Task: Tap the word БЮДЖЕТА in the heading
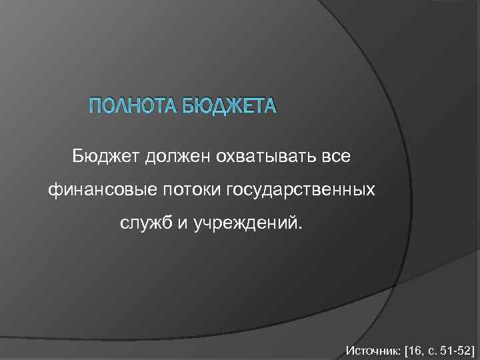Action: pyautogui.click(x=227, y=107)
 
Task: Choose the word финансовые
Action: pyautogui.click(x=100, y=191)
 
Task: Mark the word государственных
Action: pyautogui.click(x=301, y=191)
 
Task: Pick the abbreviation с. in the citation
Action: pyautogui.click(x=427, y=349)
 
